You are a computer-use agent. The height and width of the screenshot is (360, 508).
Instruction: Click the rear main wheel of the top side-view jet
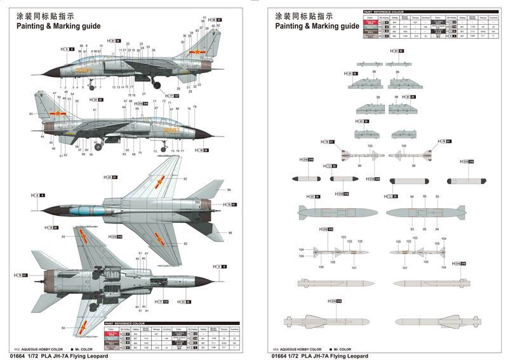click(156, 85)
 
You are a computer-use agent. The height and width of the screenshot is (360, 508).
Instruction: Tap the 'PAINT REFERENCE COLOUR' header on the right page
click(385, 11)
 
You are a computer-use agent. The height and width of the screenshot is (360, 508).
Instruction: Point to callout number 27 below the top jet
click(144, 93)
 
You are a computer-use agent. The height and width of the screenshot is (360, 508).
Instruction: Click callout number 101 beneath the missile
click(354, 267)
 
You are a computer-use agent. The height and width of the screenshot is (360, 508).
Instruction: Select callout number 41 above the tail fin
click(204, 17)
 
